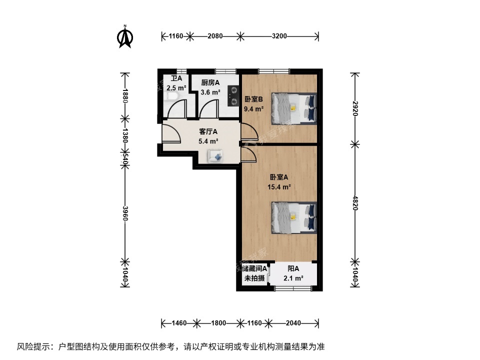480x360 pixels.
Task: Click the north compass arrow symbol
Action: [124, 37]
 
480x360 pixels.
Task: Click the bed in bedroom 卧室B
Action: [294, 108]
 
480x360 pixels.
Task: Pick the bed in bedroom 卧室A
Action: [294, 217]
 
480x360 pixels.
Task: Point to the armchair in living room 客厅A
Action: [217, 157]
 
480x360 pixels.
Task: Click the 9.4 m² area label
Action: [253, 108]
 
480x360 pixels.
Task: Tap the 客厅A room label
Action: [208, 132]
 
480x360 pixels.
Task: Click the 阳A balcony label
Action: [293, 269]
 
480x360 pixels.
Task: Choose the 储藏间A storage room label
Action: [254, 268]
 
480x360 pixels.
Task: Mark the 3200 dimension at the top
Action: [279, 36]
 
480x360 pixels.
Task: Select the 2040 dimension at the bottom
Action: [293, 323]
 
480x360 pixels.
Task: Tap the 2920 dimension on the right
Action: [354, 108]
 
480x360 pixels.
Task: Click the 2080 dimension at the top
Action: [215, 36]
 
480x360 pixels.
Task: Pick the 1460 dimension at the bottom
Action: [178, 323]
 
